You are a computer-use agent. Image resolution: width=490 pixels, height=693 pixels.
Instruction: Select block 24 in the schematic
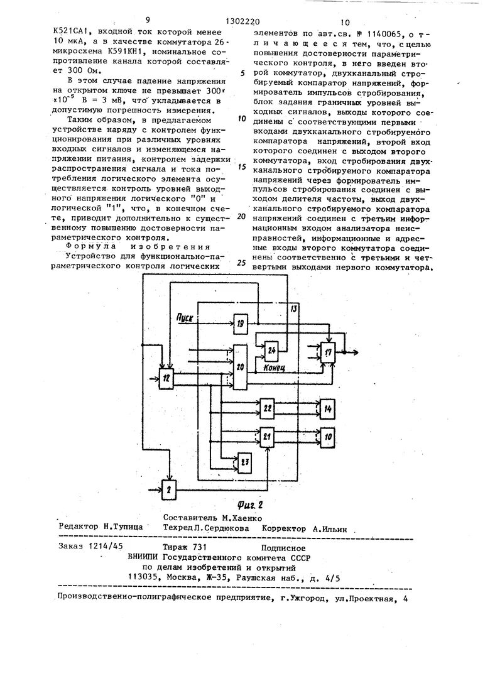click(271, 349)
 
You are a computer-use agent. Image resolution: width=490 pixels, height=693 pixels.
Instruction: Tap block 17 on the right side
click(329, 351)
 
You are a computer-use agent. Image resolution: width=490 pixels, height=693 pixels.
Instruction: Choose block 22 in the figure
click(268, 408)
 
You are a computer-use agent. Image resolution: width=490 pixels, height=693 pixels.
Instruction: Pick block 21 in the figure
click(268, 436)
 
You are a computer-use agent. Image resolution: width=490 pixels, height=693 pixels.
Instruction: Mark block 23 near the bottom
click(244, 463)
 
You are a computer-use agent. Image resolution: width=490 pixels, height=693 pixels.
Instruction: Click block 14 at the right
click(328, 408)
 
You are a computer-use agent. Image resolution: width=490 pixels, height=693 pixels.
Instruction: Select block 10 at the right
click(328, 436)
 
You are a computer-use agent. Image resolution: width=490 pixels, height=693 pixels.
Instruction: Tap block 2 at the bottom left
click(169, 488)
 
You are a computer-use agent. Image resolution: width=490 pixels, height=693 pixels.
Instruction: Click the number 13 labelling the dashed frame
click(293, 308)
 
